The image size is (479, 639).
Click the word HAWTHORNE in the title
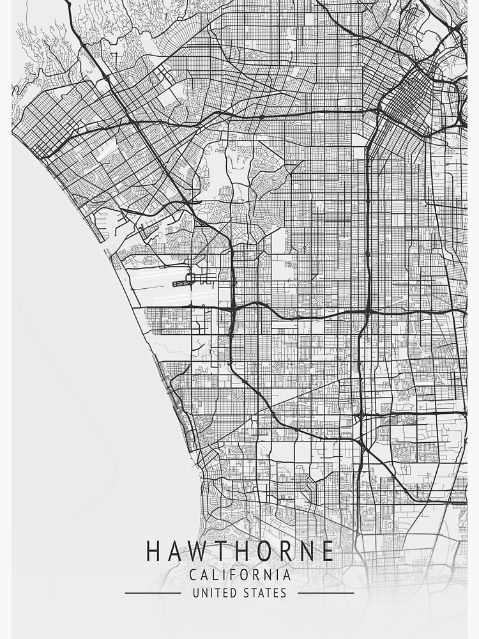coord(240,551)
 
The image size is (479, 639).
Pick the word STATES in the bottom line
coord(264,593)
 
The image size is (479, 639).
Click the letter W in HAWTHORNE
coord(197,551)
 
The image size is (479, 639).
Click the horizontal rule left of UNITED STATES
coord(153,593)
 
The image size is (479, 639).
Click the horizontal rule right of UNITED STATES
coord(326,593)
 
